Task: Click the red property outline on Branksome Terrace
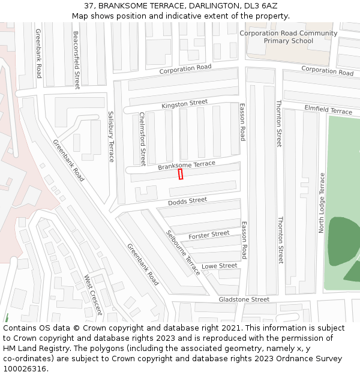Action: pos(181,174)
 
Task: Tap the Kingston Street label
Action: pos(184,104)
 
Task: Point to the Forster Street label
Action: pos(209,235)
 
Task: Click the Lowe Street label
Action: pos(219,266)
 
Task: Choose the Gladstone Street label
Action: pos(244,299)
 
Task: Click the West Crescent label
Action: pos(93,295)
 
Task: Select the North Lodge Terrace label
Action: pos(322,203)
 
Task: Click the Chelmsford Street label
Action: pos(143,139)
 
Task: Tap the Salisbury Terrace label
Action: pos(111,136)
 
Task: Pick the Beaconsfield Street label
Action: pos(77,60)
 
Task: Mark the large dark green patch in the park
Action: pos(343,240)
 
